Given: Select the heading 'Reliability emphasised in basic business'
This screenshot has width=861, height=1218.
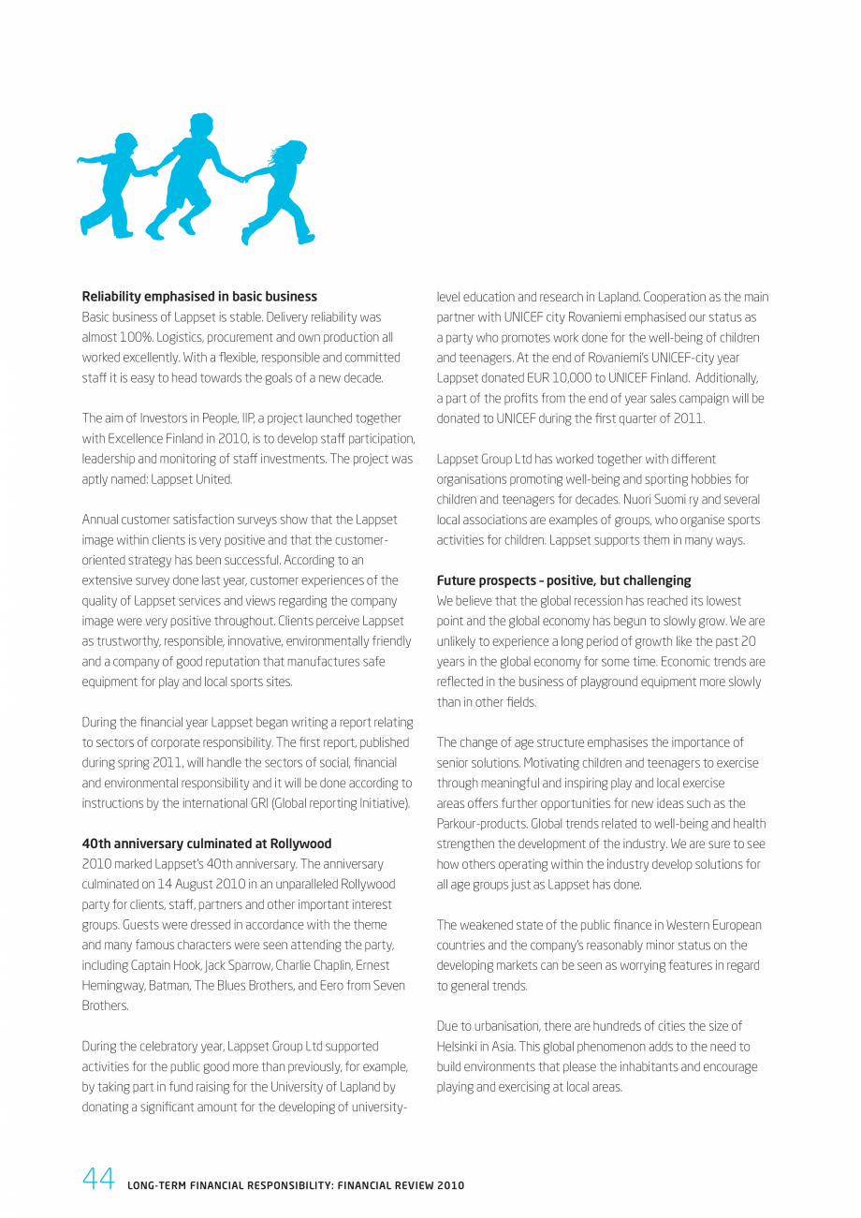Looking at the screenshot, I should [199, 297].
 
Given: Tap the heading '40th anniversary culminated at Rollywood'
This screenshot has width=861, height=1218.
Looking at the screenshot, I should [207, 844].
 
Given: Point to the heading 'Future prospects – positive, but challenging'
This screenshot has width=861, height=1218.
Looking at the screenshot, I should [563, 580].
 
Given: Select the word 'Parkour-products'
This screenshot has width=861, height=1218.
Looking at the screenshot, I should [482, 824].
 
